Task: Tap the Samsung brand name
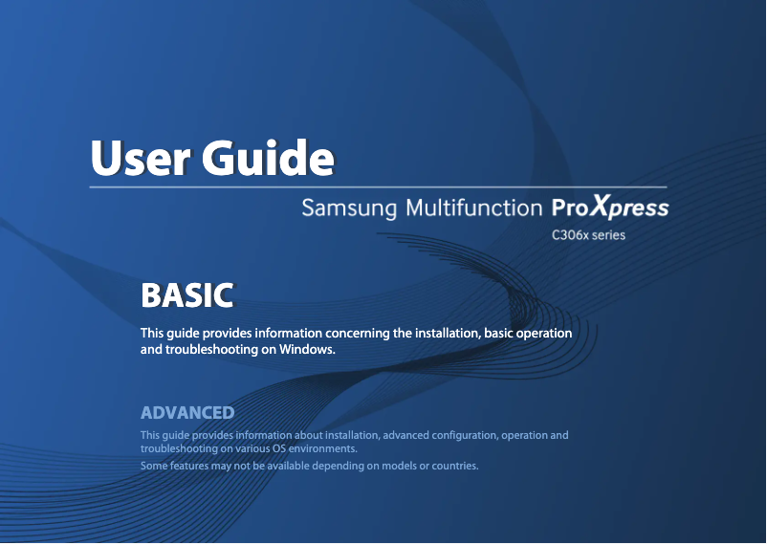[x=349, y=207]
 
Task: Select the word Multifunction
[x=473, y=207]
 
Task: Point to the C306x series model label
[x=588, y=234]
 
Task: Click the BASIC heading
[x=186, y=295]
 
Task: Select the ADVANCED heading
[x=187, y=413]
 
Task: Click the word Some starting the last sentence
[x=154, y=467]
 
